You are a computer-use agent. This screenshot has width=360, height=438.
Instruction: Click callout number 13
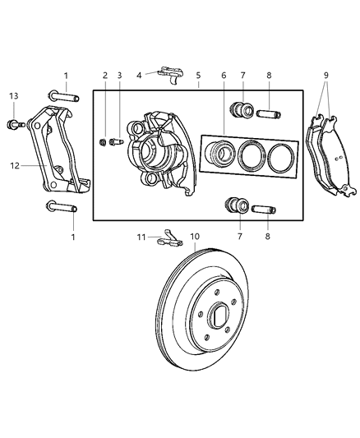click(x=13, y=97)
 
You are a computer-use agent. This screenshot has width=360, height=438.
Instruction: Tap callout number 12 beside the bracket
click(x=15, y=165)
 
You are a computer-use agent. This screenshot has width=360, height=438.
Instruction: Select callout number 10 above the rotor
click(x=195, y=237)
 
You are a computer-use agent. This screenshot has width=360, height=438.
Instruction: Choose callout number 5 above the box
click(x=198, y=75)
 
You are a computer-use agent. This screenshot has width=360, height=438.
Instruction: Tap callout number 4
click(x=140, y=75)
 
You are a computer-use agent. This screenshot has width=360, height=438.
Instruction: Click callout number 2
click(x=105, y=75)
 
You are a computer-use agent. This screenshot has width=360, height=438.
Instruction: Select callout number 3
click(x=119, y=75)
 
